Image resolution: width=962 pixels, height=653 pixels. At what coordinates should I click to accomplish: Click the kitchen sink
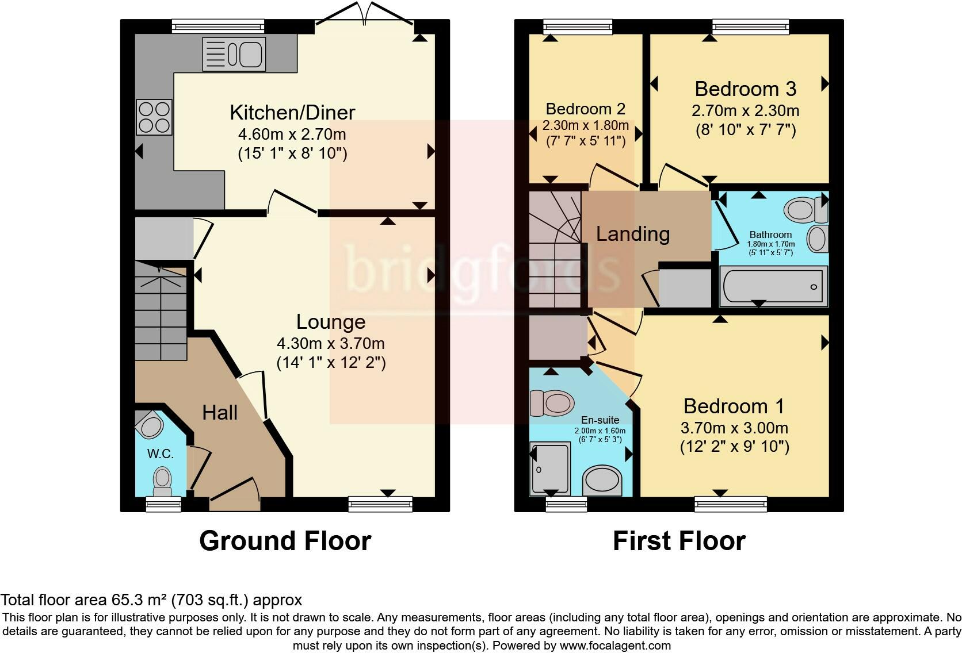(x=234, y=54)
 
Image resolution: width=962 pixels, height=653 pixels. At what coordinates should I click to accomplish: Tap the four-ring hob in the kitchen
(x=154, y=117)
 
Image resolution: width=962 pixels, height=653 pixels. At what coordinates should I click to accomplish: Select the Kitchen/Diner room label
(x=292, y=112)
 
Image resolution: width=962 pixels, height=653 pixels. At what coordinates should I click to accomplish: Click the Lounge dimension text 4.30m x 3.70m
(x=331, y=344)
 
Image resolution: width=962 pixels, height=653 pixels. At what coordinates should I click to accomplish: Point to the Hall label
(x=220, y=412)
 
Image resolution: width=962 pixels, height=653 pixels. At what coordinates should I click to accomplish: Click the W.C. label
(x=160, y=454)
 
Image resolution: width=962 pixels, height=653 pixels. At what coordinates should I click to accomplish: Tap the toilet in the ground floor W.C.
(x=162, y=480)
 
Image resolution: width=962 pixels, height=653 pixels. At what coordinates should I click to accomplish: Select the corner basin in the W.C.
(x=150, y=426)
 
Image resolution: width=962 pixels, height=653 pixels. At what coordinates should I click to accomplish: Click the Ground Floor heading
(x=285, y=541)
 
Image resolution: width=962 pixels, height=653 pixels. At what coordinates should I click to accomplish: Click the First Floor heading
(x=679, y=541)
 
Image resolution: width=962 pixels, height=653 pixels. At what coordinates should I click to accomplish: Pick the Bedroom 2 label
(x=585, y=109)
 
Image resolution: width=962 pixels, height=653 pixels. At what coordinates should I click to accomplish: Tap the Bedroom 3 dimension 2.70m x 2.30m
(x=745, y=110)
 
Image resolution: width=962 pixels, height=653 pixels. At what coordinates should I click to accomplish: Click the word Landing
(x=633, y=234)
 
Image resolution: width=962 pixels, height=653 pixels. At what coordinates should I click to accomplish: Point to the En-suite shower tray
(x=550, y=468)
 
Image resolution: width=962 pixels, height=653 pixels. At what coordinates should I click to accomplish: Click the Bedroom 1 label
(x=734, y=406)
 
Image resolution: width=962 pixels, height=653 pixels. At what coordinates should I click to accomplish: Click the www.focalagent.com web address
(x=615, y=646)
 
